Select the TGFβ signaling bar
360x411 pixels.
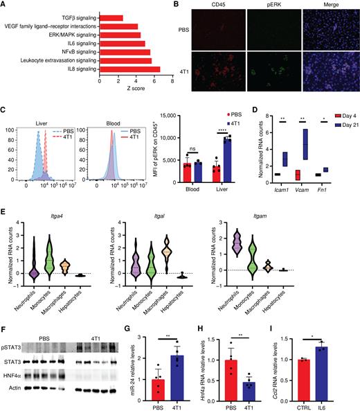click(x=111, y=17)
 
